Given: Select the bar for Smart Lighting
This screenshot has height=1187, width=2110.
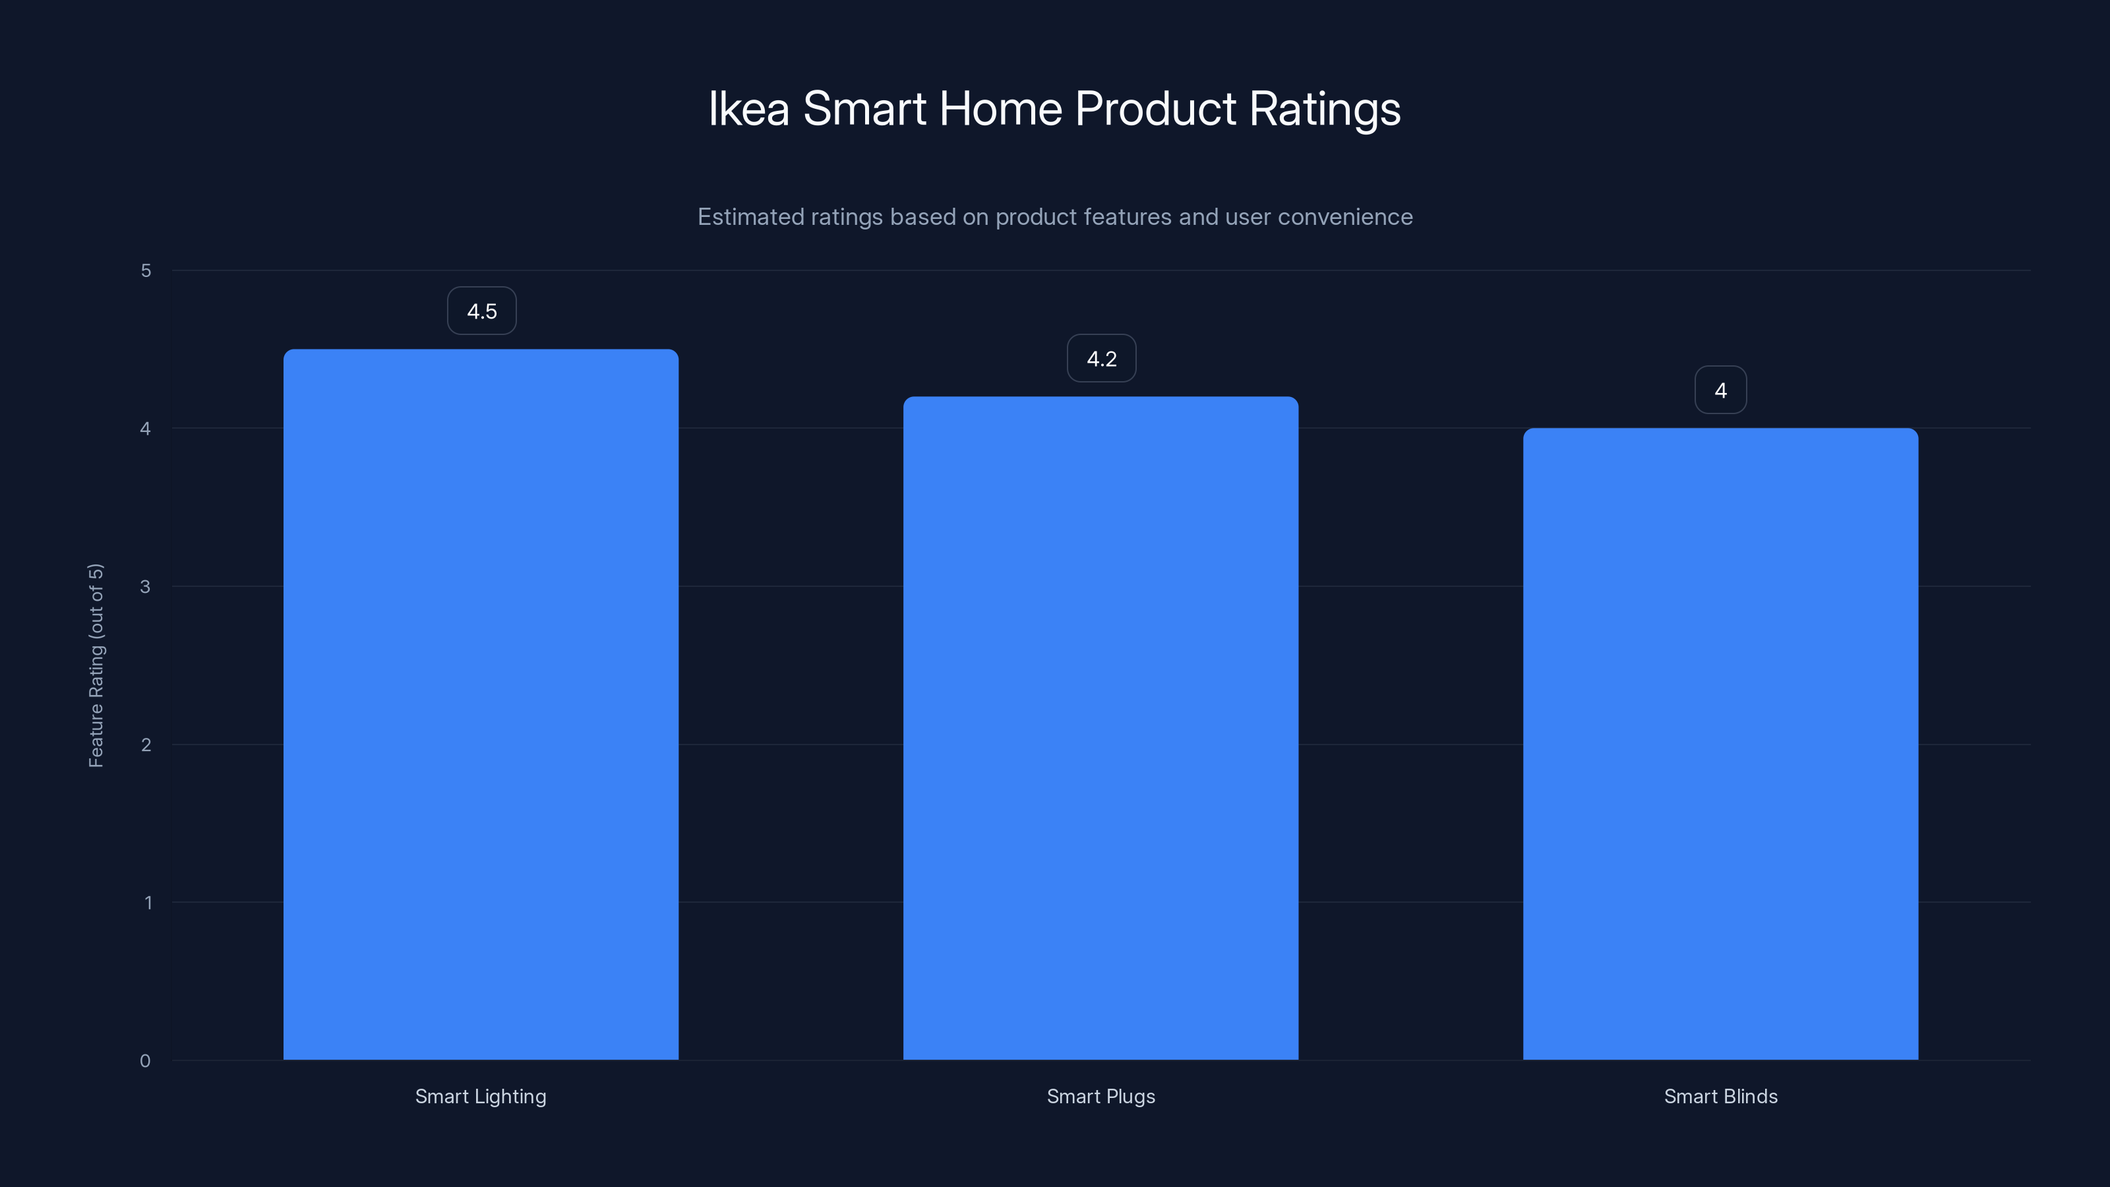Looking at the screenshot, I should pos(481,704).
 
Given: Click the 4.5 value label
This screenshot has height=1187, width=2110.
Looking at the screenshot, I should pos(481,311).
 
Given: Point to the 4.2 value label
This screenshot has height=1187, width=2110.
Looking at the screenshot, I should pos(1101,359).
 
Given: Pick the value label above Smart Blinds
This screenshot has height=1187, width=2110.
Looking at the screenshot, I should pos(1720,391).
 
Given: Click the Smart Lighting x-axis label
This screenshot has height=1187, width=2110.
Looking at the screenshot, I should pos(481,1096).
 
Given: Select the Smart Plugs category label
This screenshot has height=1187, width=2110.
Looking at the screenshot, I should pos(1101,1096).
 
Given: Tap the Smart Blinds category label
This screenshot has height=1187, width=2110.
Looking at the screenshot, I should pos(1720,1096).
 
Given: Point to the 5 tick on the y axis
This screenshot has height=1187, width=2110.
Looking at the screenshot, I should pos(146,270).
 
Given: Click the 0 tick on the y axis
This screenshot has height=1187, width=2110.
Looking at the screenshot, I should pos(145,1061).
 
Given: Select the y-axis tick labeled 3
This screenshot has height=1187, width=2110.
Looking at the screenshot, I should pos(145,586).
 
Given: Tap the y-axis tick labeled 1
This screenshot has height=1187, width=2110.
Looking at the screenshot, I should pos(148,903).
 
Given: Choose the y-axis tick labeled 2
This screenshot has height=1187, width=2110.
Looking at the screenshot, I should pos(146,745).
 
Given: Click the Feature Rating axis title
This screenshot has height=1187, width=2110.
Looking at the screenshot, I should pos(96,665).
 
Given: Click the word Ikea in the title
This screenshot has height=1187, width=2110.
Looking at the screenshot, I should pos(748,109).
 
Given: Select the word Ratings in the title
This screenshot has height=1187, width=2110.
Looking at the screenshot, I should pos(1325,109).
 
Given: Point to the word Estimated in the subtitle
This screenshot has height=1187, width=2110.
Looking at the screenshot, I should pos(750,217).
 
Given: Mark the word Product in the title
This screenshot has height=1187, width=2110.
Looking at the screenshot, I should pos(1155,109).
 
